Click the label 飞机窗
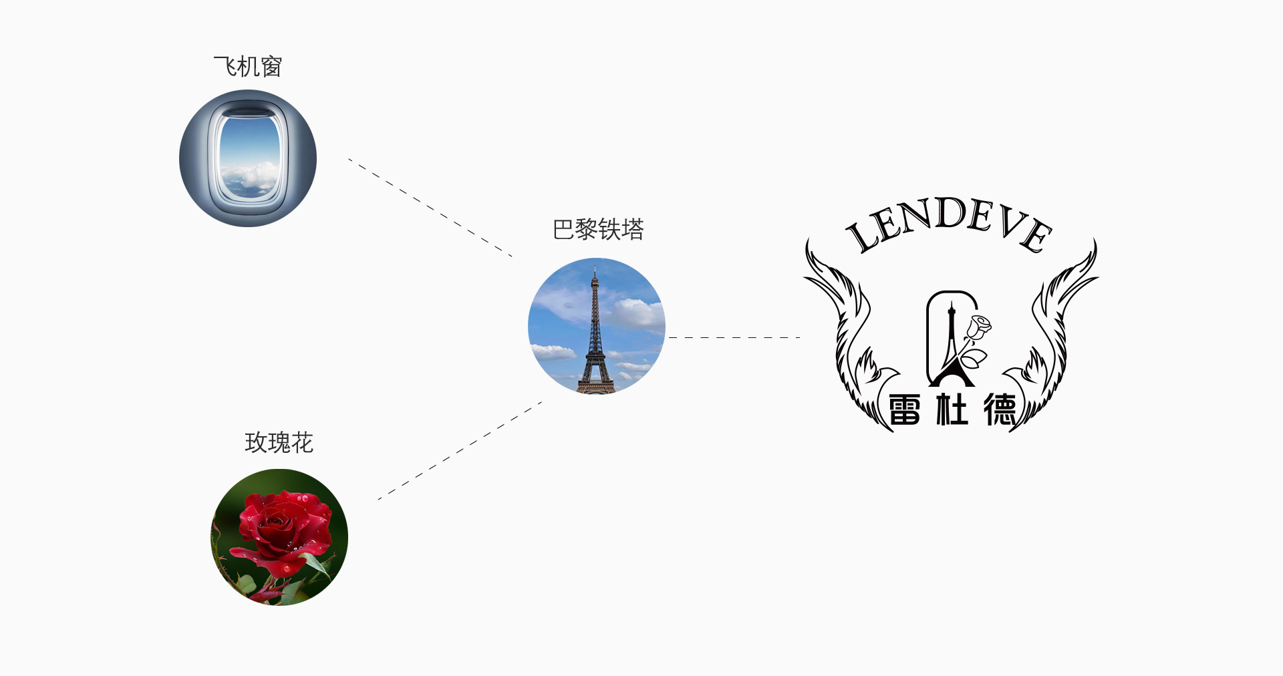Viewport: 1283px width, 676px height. [248, 67]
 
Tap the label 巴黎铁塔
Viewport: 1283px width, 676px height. [598, 229]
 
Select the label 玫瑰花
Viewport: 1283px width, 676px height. [279, 442]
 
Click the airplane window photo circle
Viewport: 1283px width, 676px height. [248, 158]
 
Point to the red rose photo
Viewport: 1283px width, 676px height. [279, 537]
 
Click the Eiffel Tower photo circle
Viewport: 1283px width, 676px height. [597, 326]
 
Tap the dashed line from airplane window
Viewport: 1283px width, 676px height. [430, 208]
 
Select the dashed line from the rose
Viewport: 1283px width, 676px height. [460, 450]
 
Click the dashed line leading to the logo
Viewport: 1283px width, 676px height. [734, 337]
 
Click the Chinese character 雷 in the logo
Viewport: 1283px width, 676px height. [905, 409]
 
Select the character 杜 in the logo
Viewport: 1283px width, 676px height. [952, 409]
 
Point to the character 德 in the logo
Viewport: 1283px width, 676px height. [1000, 409]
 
